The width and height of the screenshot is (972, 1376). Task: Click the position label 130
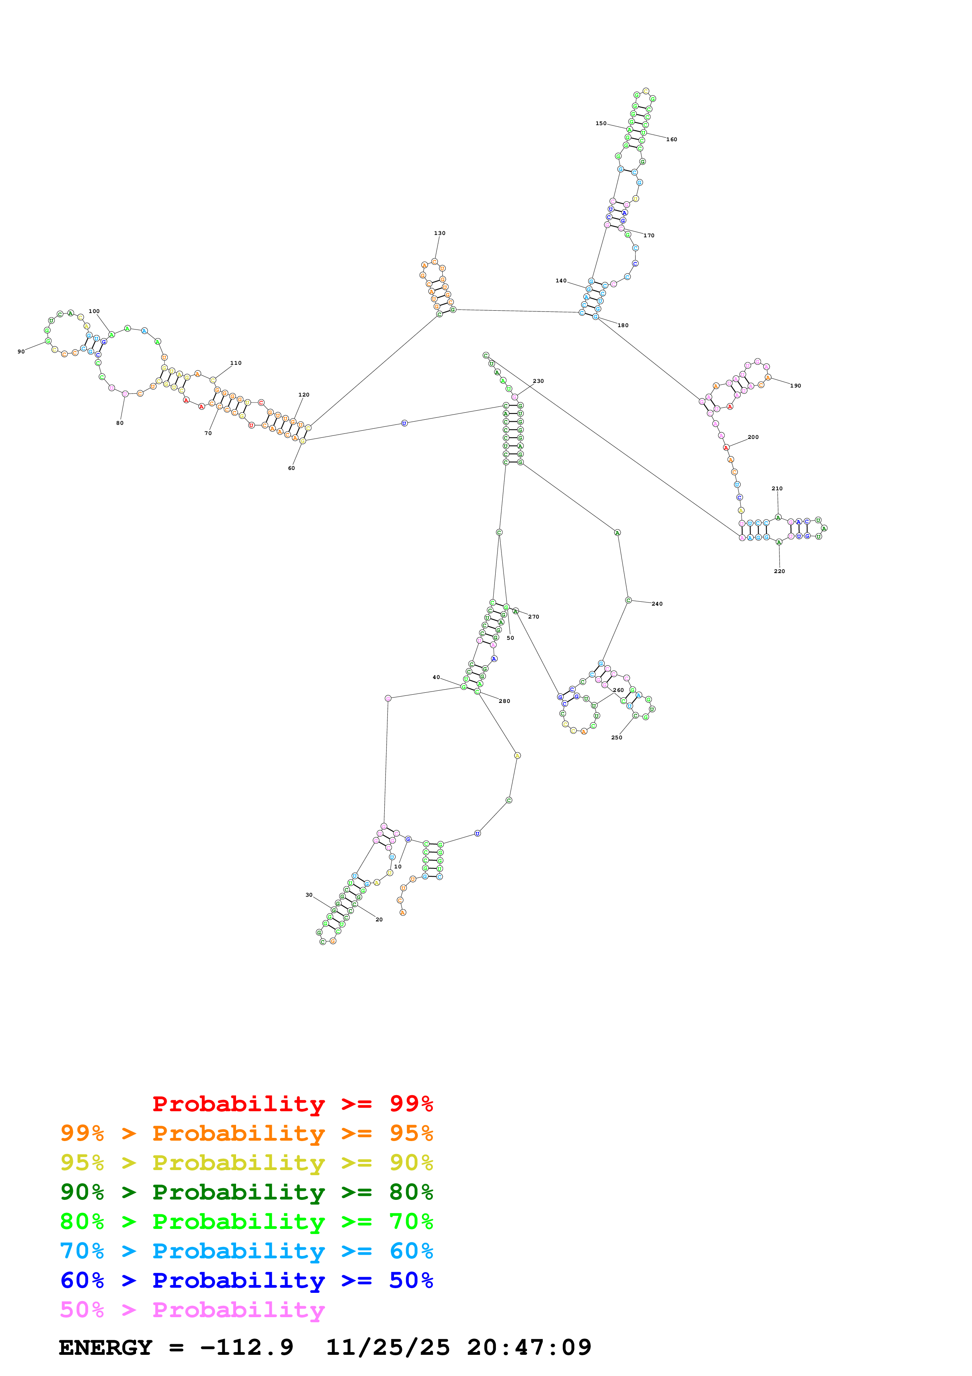point(439,233)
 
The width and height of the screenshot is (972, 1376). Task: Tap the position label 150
point(601,124)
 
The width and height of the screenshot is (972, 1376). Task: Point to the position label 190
point(795,386)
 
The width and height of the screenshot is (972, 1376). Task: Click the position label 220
point(779,571)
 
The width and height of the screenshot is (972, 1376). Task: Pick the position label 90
point(21,352)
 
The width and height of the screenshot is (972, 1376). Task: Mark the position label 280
point(504,701)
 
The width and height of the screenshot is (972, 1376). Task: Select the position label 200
point(753,437)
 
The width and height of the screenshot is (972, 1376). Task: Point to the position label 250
point(616,738)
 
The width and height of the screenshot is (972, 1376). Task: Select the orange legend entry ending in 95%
point(246,1133)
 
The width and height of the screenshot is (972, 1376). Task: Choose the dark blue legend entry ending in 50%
point(246,1280)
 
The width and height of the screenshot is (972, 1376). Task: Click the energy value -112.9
point(246,1348)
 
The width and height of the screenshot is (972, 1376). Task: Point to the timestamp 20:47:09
point(529,1348)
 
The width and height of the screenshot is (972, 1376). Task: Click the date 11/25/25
point(387,1348)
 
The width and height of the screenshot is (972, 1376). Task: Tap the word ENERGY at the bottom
point(105,1348)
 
